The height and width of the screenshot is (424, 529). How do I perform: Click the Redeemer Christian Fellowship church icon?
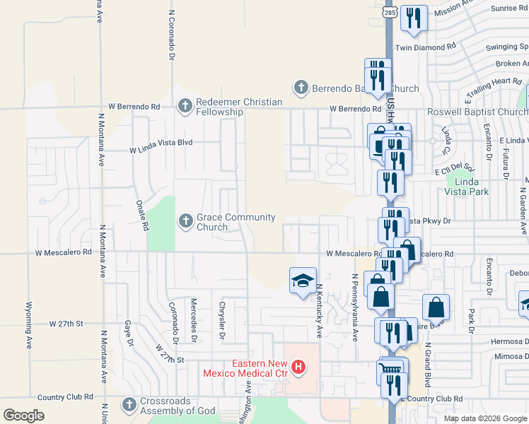pos(185,107)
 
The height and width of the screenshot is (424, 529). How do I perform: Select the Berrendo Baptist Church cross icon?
pos(301,88)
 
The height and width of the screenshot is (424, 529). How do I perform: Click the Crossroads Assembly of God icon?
pos(128,405)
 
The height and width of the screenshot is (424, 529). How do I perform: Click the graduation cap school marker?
pos(302,280)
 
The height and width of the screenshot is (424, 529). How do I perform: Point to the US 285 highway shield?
pos(390,13)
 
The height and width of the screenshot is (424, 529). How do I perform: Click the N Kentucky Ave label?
pos(319,311)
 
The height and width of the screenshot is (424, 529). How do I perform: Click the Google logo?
pos(24,416)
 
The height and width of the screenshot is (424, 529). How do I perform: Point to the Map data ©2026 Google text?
pos(485,418)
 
